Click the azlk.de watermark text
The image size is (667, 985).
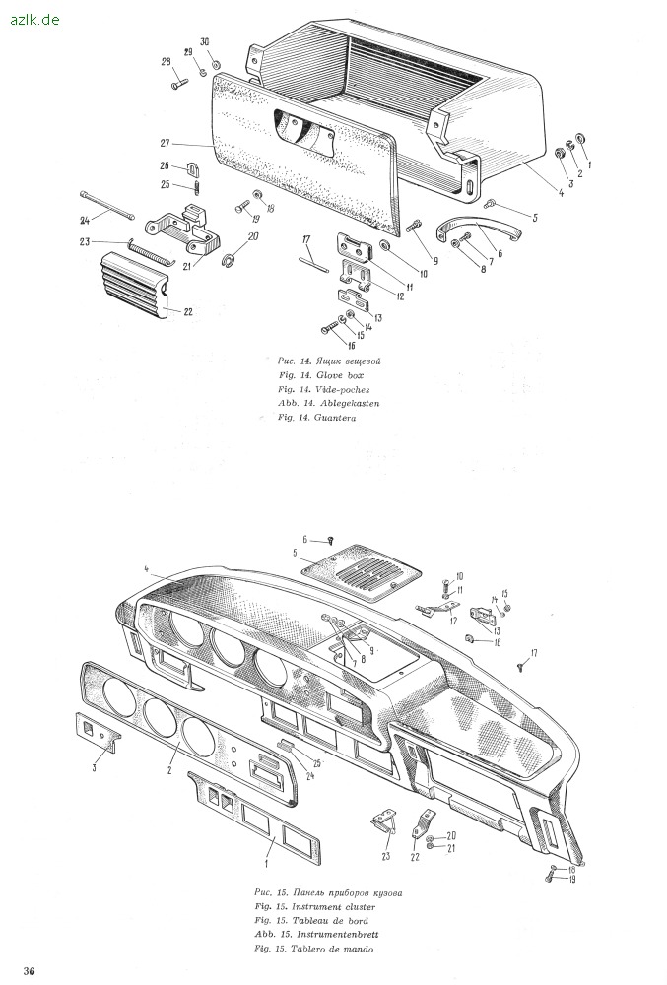(x=34, y=20)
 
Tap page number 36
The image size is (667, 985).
(x=30, y=970)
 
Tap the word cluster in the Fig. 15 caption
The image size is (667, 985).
(x=360, y=906)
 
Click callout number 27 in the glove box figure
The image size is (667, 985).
(x=165, y=143)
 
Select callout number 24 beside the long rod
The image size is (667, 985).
(x=85, y=220)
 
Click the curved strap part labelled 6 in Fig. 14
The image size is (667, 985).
(x=478, y=230)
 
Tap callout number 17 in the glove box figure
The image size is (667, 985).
(x=306, y=239)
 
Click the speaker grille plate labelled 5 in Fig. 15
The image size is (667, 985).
(x=362, y=568)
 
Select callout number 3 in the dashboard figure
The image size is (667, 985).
(x=95, y=767)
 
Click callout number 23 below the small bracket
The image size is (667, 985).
(x=385, y=856)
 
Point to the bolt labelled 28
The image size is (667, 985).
(x=179, y=83)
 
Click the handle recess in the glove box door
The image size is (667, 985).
(x=304, y=132)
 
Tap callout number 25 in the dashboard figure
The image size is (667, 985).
(x=316, y=763)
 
